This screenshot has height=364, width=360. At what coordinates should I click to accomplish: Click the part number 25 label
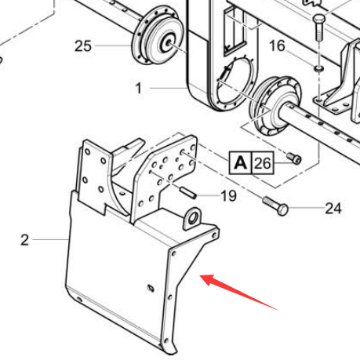point(83,46)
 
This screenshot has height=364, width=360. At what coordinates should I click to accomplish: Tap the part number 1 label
point(139,88)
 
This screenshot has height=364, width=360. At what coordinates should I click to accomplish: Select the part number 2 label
point(24,240)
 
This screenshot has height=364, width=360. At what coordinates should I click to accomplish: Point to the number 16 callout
point(277,45)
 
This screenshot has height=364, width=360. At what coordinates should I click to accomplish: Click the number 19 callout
point(229,195)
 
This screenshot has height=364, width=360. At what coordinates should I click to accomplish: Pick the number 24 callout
point(333,209)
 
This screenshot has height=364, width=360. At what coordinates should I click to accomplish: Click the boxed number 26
point(263,163)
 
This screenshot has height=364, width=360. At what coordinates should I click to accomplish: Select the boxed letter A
point(240,163)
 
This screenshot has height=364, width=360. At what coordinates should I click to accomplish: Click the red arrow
point(238,291)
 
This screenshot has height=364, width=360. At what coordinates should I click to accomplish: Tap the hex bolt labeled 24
point(275,206)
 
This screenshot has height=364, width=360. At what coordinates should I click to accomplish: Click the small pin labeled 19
point(187,192)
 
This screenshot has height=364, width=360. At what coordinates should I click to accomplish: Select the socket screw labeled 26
point(294,158)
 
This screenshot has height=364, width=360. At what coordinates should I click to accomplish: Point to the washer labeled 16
point(319,68)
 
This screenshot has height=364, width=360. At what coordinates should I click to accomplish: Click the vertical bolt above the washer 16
point(318,27)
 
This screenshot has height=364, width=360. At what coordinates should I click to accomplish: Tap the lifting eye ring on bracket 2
point(193,218)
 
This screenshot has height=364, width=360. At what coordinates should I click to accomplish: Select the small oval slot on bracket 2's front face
point(151,288)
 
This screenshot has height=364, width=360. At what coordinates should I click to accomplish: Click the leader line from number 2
point(50,239)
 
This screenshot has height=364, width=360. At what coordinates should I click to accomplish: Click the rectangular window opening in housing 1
point(235,31)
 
